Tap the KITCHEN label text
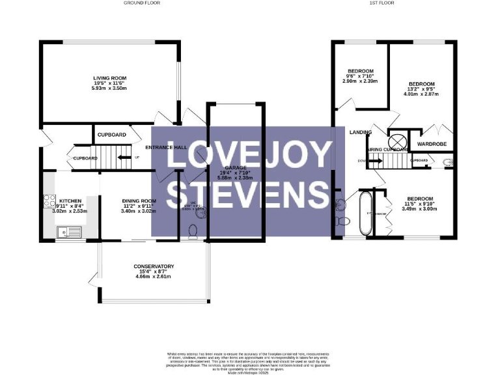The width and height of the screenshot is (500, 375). [70, 201]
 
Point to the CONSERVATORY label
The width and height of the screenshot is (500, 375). [153, 266]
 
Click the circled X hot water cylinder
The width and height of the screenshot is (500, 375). [396, 141]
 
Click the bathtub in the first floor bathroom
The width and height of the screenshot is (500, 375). [365, 213]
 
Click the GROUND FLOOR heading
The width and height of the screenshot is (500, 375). [141, 3]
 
